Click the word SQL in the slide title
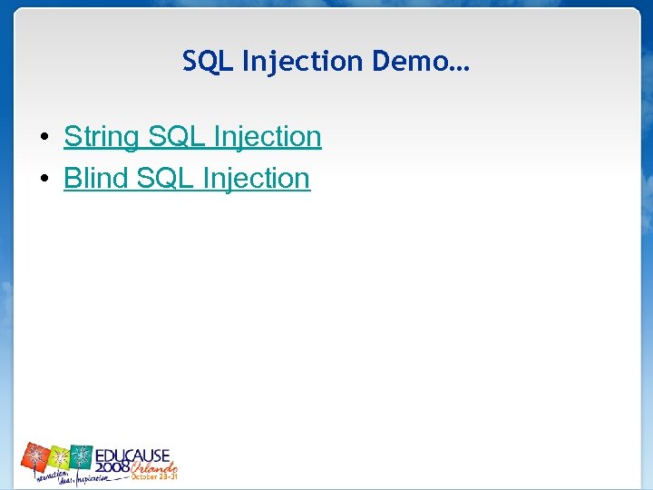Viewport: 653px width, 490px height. (207, 62)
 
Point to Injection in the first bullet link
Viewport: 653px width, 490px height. (268, 137)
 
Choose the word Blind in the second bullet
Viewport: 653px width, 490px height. (96, 179)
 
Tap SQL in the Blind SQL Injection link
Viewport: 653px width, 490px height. (165, 179)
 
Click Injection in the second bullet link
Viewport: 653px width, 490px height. (257, 179)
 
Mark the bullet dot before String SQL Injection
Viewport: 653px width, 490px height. (44, 138)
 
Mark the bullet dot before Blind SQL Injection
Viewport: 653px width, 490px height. (44, 180)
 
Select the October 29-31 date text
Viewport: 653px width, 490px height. (154, 475)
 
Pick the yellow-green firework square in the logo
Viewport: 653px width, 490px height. (60, 456)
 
